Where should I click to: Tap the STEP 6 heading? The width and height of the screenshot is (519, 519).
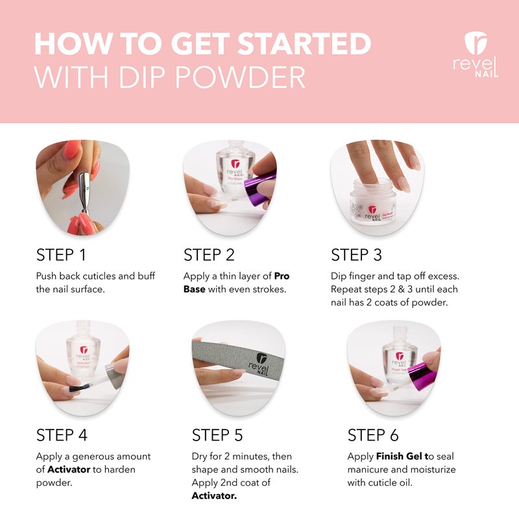click(x=373, y=435)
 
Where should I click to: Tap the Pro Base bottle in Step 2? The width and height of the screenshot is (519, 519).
click(x=234, y=169)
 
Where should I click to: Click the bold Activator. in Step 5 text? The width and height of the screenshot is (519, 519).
click(x=214, y=496)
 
